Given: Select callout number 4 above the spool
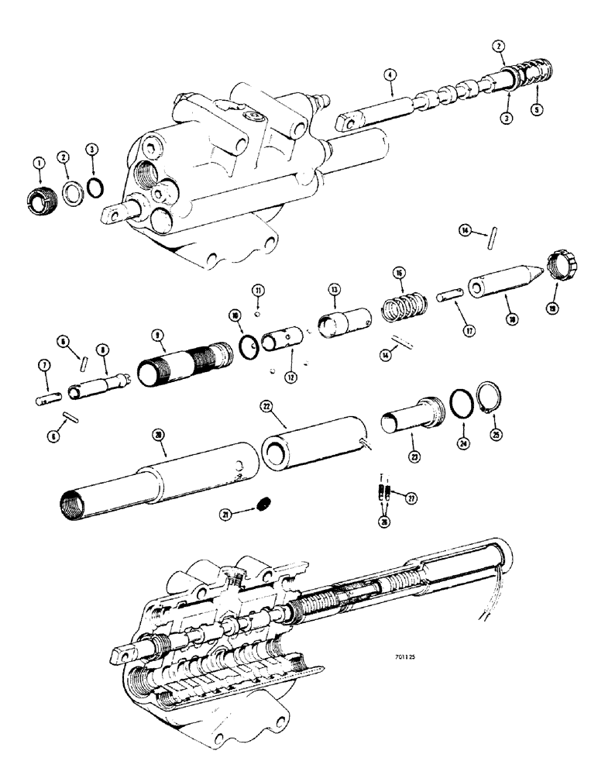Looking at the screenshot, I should click(x=390, y=75).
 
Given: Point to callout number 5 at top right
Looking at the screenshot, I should click(x=538, y=108).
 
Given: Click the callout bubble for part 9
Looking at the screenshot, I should click(x=158, y=336).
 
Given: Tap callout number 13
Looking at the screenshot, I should click(x=335, y=288).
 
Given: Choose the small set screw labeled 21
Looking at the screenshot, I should click(x=263, y=505).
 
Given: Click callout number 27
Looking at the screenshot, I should click(x=411, y=498).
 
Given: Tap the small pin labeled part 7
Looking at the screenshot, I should click(x=48, y=399).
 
